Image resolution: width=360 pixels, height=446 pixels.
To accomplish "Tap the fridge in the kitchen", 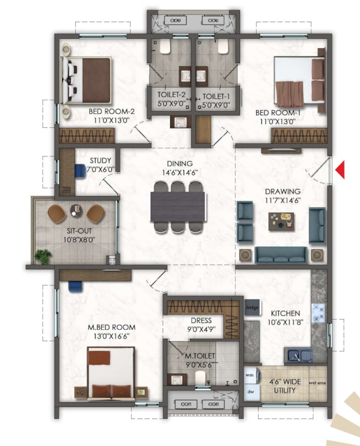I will [x=251, y=307].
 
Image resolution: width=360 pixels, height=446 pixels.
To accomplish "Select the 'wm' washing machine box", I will [x=250, y=375].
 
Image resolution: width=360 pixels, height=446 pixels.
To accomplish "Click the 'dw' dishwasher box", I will [x=250, y=392].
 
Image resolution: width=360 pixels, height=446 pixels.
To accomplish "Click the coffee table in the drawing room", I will [x=281, y=221].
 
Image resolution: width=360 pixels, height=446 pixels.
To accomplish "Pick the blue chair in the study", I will [x=79, y=169].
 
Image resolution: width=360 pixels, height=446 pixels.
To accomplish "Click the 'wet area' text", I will [x=316, y=383].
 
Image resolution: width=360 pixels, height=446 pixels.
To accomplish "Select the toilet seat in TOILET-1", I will [x=223, y=46].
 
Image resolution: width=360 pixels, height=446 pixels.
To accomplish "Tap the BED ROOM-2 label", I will [x=111, y=111].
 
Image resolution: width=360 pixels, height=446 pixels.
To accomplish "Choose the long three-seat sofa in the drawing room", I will [x=280, y=254].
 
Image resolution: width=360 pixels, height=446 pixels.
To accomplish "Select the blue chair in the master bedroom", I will [x=75, y=286].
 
